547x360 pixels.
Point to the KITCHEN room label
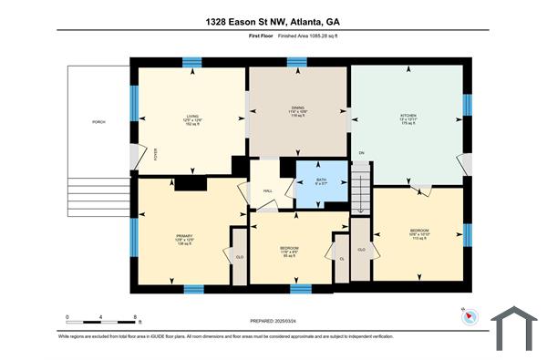(408, 118)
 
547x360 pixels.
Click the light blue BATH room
(320, 180)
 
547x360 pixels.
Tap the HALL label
(268, 190)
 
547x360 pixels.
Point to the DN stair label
(361, 153)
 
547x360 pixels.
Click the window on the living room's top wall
(191, 62)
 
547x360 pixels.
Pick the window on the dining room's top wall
(296, 62)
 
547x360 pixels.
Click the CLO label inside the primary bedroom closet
(240, 257)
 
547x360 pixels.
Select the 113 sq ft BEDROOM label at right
(419, 232)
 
